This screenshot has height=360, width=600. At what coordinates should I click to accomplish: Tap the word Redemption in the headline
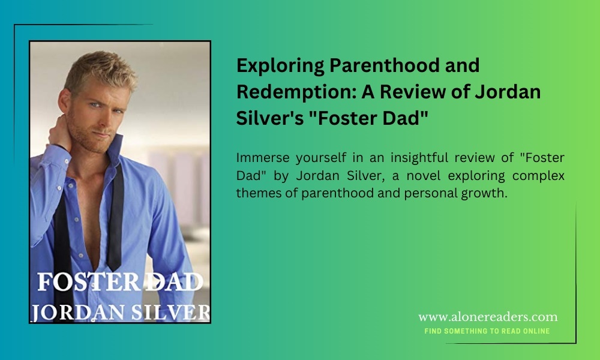(296, 92)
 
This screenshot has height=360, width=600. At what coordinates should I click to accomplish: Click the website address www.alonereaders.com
(488, 317)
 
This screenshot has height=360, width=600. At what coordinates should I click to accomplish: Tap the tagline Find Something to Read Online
(487, 331)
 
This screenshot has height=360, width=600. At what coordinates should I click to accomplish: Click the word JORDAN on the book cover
(79, 313)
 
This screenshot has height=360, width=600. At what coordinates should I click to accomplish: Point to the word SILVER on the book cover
(170, 313)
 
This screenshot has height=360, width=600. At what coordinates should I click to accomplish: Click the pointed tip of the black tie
(114, 270)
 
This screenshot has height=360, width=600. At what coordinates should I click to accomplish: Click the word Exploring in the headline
(280, 66)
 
